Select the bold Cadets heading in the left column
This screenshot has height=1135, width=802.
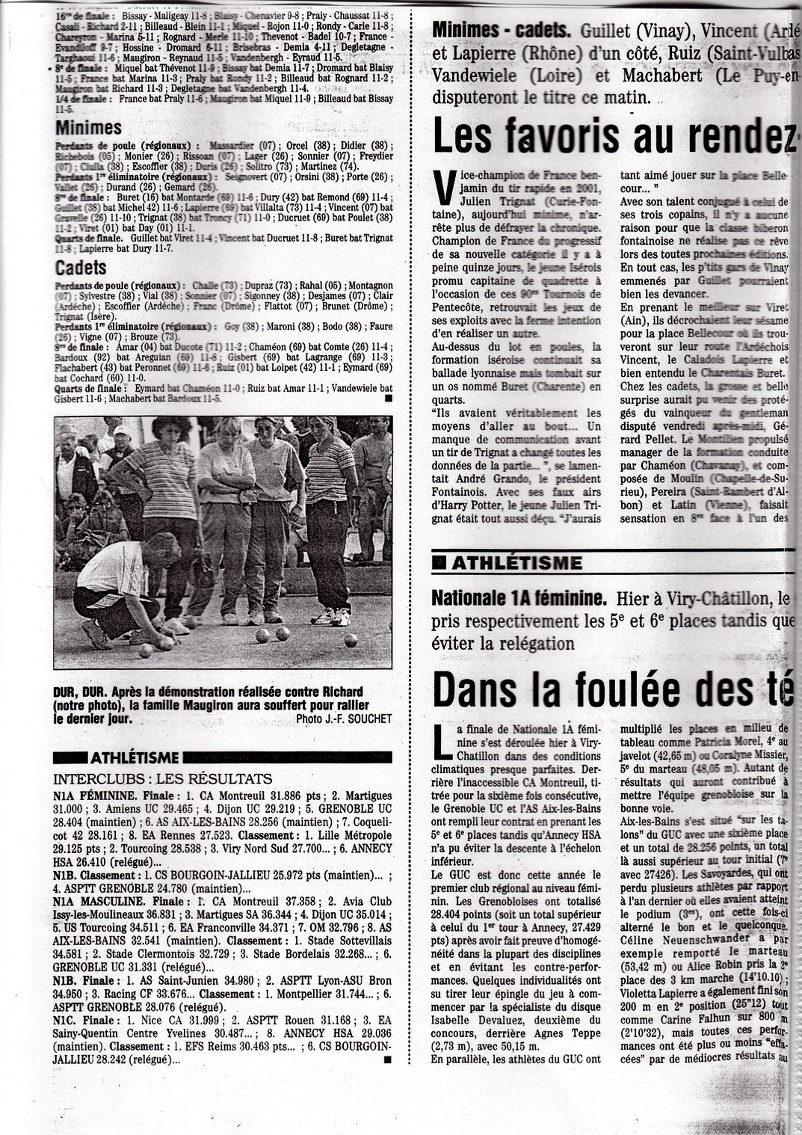point(81,268)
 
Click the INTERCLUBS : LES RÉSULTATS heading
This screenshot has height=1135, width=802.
point(162,779)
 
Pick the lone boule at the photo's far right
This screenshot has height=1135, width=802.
point(350,640)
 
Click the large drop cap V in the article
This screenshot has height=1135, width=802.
point(445,187)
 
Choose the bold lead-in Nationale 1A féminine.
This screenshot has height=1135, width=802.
point(519,598)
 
